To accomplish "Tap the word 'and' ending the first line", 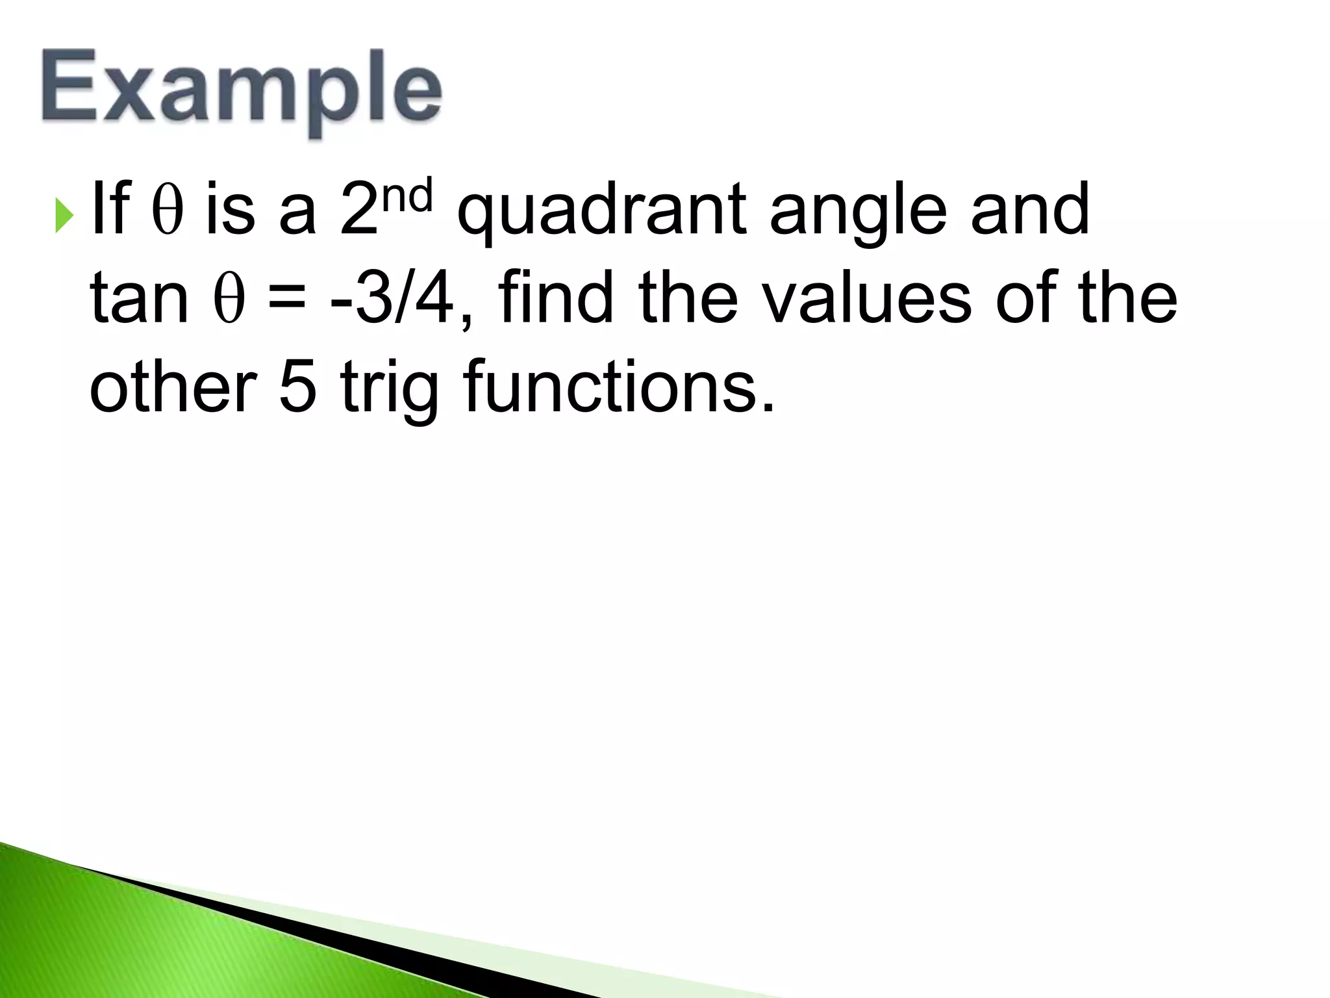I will point(1030,209).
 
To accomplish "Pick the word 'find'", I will point(556,298).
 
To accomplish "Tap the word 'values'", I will point(866,298).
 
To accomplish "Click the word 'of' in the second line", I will point(1026,298).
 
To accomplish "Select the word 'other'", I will point(173,387).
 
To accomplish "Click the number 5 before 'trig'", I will point(299,387).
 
